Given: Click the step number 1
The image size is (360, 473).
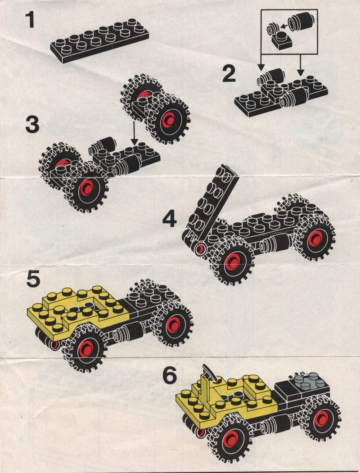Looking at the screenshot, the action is click(x=30, y=20).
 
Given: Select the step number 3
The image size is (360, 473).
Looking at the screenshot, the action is click(x=32, y=125).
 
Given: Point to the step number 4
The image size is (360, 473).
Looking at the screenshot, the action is click(x=170, y=219).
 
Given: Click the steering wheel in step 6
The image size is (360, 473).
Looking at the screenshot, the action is click(x=210, y=372).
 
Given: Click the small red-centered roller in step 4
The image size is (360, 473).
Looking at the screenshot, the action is click(x=200, y=249).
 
